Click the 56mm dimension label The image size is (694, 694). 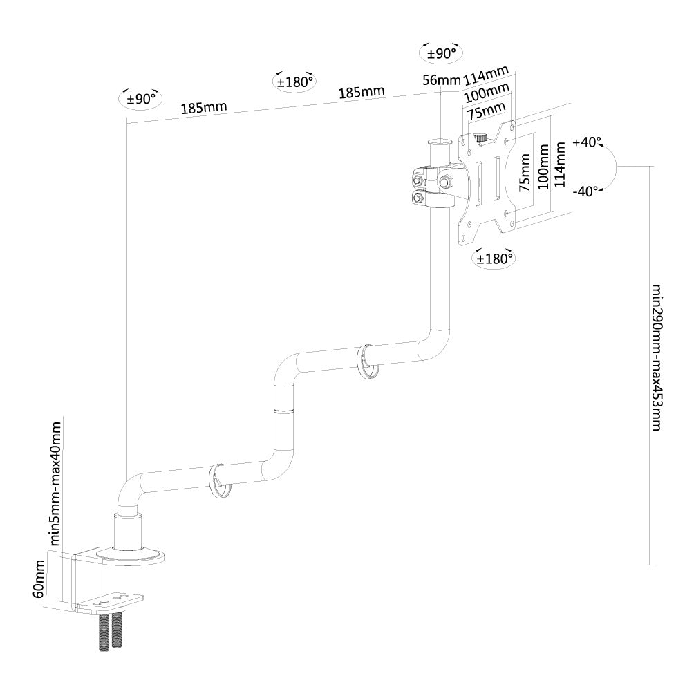tap(440, 80)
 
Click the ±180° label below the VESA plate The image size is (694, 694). tap(493, 259)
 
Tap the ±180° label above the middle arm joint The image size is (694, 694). tap(294, 81)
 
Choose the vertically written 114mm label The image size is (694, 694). tap(560, 166)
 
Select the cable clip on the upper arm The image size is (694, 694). tap(368, 362)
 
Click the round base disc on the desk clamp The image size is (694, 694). tap(129, 555)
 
